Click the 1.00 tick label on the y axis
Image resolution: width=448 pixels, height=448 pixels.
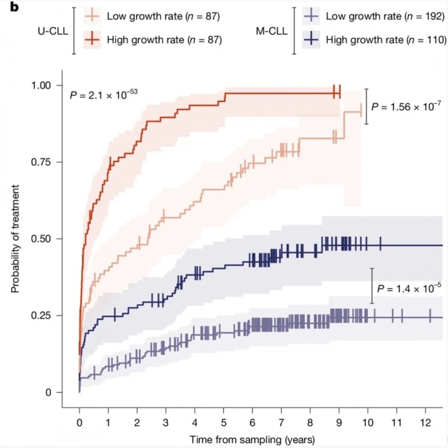[x=49, y=86]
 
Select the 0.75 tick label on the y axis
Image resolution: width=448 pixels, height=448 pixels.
[x=49, y=162]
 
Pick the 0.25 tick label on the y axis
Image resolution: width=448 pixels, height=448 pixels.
[x=49, y=316]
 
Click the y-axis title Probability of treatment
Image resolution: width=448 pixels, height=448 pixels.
[x=15, y=239]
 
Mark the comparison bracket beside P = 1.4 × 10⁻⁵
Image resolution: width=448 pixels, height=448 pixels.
[x=371, y=286]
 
